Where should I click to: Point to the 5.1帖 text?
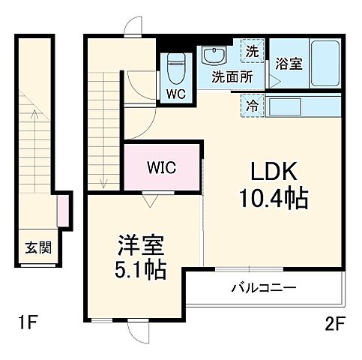(140, 268)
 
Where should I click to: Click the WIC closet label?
(161, 166)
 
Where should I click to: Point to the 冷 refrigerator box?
(252, 106)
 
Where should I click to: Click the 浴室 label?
(289, 64)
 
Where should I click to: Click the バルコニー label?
(263, 288)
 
